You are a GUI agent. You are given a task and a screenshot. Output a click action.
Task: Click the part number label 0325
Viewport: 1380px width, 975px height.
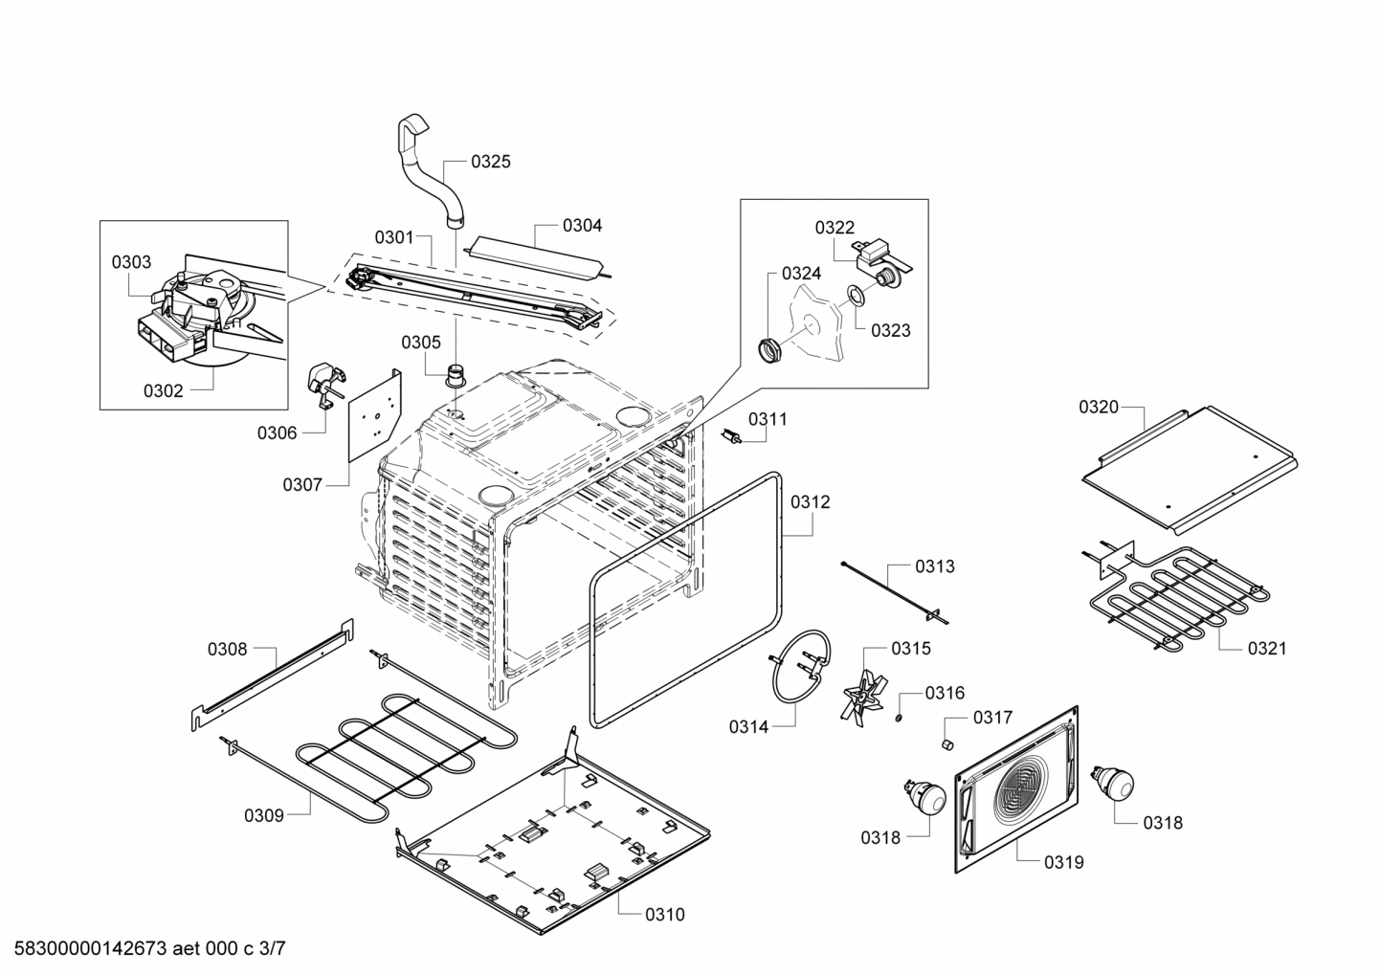tap(490, 161)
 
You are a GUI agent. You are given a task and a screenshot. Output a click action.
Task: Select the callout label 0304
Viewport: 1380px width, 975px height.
tap(582, 226)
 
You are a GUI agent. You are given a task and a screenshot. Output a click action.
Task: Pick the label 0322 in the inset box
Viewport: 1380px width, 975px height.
tap(835, 227)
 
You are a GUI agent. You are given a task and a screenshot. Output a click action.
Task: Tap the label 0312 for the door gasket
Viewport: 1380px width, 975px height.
tap(810, 501)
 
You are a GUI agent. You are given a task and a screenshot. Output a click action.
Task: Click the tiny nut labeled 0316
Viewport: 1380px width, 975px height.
tap(900, 718)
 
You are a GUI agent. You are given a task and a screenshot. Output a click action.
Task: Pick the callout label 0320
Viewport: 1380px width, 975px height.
tap(1098, 407)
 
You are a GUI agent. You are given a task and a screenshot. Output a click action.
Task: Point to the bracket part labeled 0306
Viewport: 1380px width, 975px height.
tap(322, 383)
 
